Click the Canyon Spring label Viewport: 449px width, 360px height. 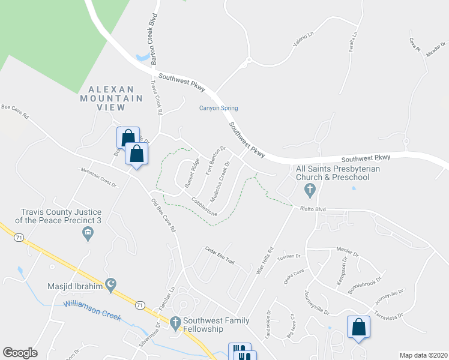218,108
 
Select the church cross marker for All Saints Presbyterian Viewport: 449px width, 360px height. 310,191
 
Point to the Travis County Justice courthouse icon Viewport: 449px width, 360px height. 88,233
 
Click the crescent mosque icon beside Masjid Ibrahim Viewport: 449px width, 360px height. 110,283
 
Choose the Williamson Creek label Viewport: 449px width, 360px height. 92,311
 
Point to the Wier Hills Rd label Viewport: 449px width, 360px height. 264,261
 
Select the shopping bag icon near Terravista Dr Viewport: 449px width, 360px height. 358,328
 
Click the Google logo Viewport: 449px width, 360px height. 20,353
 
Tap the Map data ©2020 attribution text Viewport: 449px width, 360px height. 423,355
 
